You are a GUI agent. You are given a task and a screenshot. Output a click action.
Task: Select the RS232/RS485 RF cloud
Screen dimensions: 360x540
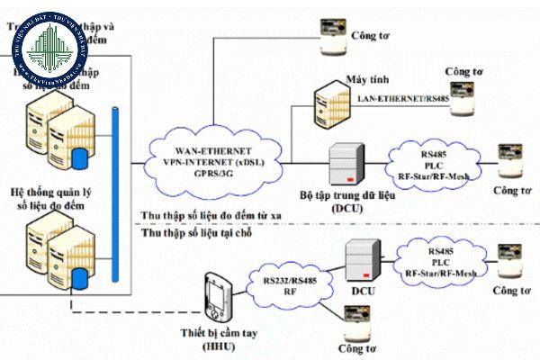click(289, 281)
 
